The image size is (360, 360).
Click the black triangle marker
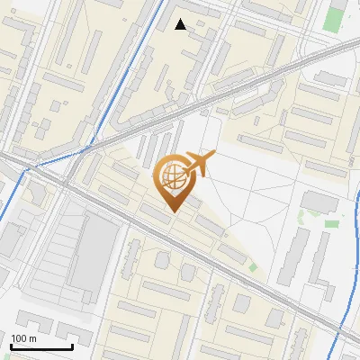click(181, 24)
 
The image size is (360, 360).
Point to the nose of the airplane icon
click(214, 156)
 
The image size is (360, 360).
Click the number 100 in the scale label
click(20, 338)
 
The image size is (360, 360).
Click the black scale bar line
click(41, 346)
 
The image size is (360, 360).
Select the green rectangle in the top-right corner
click(338, 17)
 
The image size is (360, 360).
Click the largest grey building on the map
click(94, 256)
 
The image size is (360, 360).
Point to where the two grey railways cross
click(63, 175)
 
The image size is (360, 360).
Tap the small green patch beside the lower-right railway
click(253, 266)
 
